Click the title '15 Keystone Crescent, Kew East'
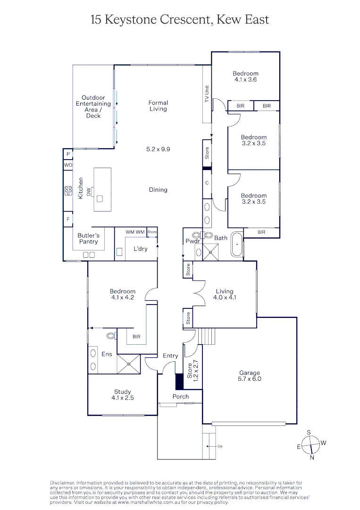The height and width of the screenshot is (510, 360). [x=180, y=19]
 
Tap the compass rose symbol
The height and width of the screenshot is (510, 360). [x=311, y=444]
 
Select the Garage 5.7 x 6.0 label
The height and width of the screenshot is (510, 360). [x=249, y=376]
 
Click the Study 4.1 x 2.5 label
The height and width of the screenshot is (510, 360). [x=123, y=395]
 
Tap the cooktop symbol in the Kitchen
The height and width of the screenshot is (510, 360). [x=68, y=191]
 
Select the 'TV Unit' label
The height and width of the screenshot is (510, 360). [x=206, y=94]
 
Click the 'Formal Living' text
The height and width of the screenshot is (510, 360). [x=158, y=106]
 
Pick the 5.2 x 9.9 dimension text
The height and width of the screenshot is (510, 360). [x=158, y=149]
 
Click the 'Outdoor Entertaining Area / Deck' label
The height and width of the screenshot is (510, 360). [x=93, y=107]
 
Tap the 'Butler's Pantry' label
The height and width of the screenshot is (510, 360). [x=89, y=238]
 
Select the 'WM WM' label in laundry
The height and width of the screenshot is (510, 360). [x=135, y=232]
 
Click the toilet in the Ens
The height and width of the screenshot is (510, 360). [x=111, y=336]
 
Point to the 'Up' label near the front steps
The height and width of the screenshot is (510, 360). [x=220, y=446]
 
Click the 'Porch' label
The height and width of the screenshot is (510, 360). [x=180, y=397]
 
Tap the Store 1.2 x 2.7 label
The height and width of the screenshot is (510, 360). [x=192, y=371]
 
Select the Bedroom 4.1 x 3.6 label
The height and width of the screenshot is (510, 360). [x=245, y=76]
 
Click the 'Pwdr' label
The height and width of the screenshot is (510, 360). [x=193, y=241]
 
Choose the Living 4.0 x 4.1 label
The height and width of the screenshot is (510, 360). [x=225, y=294]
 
